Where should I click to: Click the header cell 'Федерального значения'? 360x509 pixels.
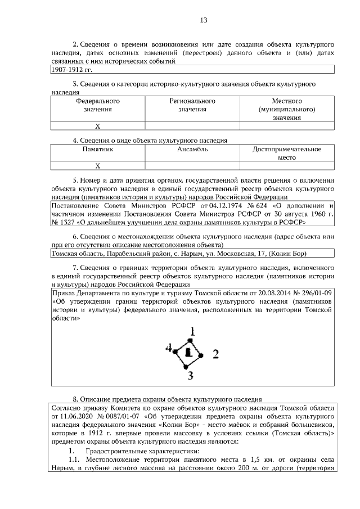point(98,105)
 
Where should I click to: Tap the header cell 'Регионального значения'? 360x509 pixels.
point(193,105)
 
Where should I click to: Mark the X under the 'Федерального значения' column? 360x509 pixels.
point(98,126)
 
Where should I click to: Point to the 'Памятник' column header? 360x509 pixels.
point(98,150)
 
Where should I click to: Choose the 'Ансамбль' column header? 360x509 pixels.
point(193,150)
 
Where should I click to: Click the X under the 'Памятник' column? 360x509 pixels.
point(98,165)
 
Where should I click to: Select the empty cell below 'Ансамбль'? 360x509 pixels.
point(193,165)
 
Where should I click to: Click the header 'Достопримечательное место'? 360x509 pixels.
point(287,154)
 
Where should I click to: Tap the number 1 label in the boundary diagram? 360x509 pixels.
point(192,331)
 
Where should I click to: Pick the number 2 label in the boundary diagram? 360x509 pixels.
point(214,354)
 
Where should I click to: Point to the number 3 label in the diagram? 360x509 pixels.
point(191,375)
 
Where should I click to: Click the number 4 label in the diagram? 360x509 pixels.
point(168,348)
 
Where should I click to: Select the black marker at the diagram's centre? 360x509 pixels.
point(188,352)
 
